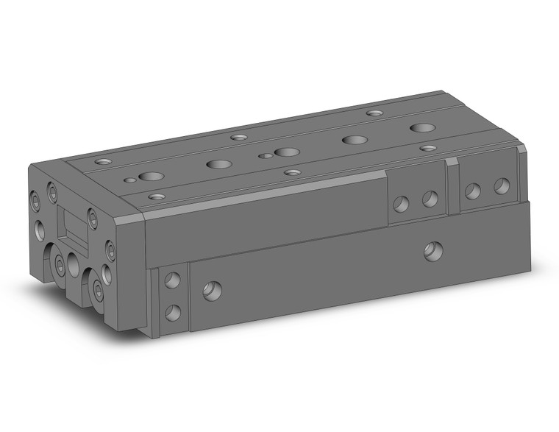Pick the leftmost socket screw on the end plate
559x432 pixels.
35,199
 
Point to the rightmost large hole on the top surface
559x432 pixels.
422,128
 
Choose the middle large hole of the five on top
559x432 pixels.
286,152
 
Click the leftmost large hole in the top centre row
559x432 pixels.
152,177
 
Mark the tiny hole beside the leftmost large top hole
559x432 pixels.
130,179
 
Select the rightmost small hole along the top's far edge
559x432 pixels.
374,113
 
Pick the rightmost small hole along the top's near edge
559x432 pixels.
428,148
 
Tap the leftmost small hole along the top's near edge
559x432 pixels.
155,196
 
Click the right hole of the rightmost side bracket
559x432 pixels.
501,185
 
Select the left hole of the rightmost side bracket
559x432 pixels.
473,191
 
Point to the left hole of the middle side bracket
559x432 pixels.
402,203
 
